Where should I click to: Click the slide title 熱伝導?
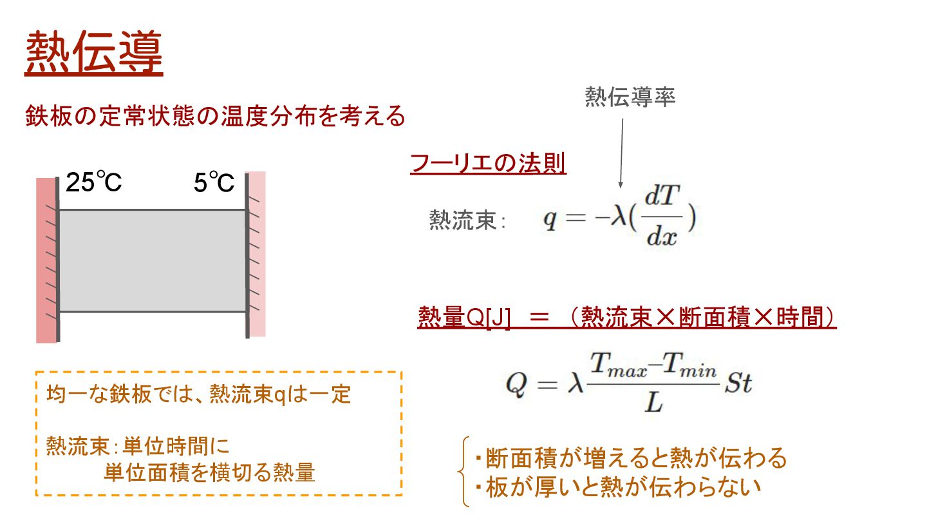pos(94,53)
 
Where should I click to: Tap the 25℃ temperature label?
pos(94,184)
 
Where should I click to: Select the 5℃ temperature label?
pos(214,184)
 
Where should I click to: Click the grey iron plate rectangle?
pos(153,261)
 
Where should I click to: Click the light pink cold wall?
pos(257,254)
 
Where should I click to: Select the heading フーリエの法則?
pos(488,164)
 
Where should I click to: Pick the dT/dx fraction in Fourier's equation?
pos(662,220)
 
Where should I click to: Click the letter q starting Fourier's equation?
pos(549,220)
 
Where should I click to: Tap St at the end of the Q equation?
pos(739,385)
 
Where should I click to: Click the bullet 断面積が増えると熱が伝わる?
pos(631,458)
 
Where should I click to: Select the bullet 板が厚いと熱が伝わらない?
pos(618,486)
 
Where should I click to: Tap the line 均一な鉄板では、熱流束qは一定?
pos(199,394)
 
